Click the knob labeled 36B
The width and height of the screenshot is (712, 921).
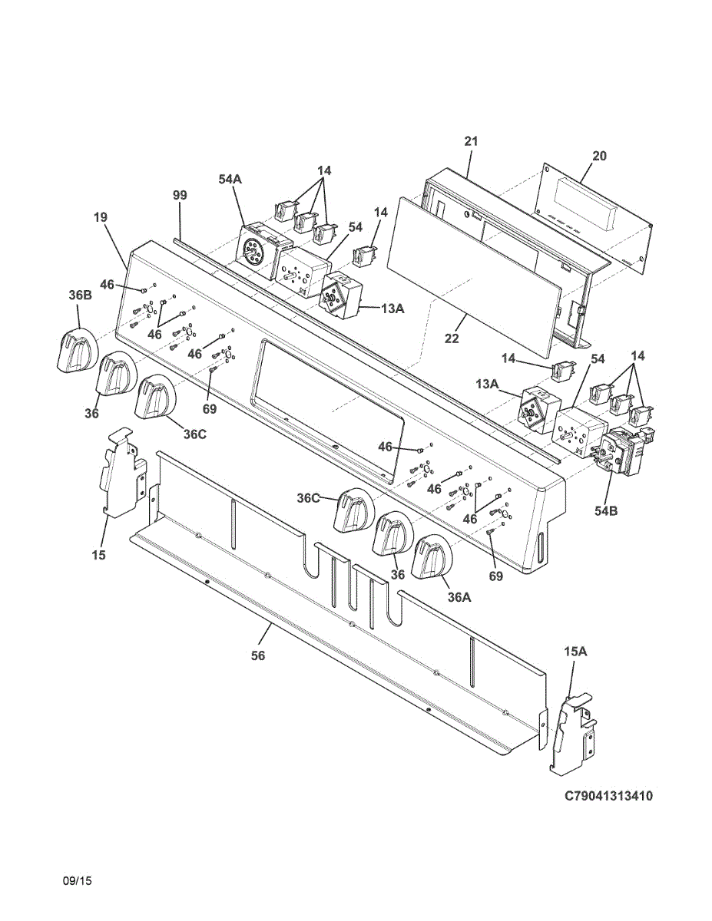tap(77, 351)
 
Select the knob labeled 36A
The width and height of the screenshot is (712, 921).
tap(434, 560)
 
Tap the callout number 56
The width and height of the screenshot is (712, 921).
tap(258, 655)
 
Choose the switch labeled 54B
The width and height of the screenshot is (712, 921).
tap(623, 452)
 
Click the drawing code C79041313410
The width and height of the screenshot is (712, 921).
tap(608, 797)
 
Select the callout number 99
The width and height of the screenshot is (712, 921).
tap(180, 196)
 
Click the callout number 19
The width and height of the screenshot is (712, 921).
tap(101, 217)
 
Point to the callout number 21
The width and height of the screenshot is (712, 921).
tap(471, 141)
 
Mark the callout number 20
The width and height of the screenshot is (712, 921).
tap(599, 156)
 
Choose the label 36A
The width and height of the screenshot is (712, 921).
tap(459, 596)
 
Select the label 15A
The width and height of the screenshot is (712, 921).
tap(575, 652)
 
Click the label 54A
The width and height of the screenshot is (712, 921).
tap(230, 180)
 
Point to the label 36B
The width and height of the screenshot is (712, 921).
tap(80, 295)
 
